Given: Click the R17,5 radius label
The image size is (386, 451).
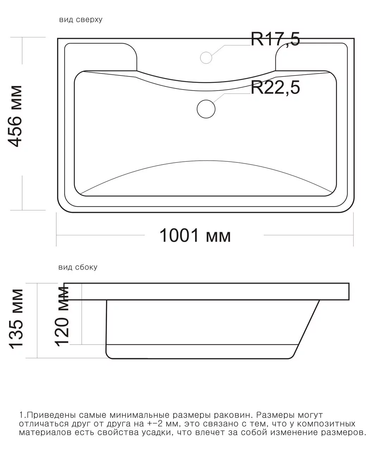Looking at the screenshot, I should click(275, 39).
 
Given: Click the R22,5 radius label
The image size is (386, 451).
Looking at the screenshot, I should click(275, 88).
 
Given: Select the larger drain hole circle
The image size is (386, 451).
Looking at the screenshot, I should click(206, 108).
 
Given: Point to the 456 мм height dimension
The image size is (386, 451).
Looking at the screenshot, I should click(16, 116).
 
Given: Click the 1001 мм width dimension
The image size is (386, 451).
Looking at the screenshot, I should click(195, 235).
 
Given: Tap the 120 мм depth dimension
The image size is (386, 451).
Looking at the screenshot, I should click(62, 316).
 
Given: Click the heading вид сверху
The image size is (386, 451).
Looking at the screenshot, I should click(81, 20).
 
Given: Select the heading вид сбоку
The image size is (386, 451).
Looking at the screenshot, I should click(78, 267).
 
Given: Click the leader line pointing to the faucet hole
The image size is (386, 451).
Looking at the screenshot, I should click(229, 47).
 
